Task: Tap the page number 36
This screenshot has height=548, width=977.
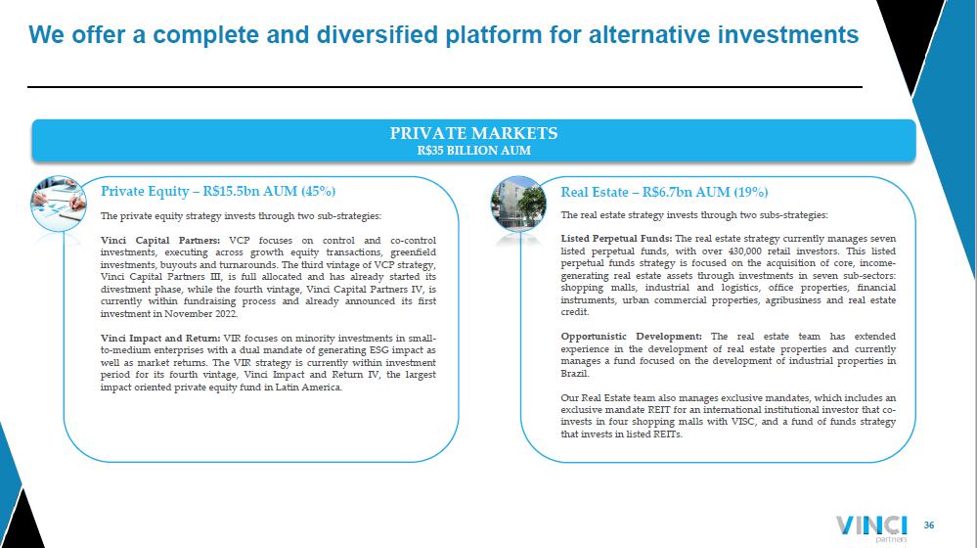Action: point(928,525)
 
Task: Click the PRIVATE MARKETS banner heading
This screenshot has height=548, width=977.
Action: point(473,133)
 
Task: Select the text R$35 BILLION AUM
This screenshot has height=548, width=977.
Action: point(473,151)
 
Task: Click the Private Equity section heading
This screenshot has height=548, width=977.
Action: point(218,191)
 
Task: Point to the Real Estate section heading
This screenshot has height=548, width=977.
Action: point(664,192)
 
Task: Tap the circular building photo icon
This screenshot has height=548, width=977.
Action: point(517,204)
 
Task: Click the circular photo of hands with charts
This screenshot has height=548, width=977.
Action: point(59,204)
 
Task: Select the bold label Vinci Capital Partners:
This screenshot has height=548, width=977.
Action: point(160,241)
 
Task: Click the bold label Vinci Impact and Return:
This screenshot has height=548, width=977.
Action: point(160,338)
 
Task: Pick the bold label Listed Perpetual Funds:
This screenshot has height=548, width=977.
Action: point(616,238)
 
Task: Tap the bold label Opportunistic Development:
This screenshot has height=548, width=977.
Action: point(631,336)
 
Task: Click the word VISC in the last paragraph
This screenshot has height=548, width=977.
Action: point(743,422)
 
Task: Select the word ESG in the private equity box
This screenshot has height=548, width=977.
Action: point(378,350)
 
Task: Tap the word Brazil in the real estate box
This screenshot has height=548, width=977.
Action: point(574,373)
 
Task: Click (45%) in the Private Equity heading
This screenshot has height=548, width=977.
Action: point(319,191)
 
